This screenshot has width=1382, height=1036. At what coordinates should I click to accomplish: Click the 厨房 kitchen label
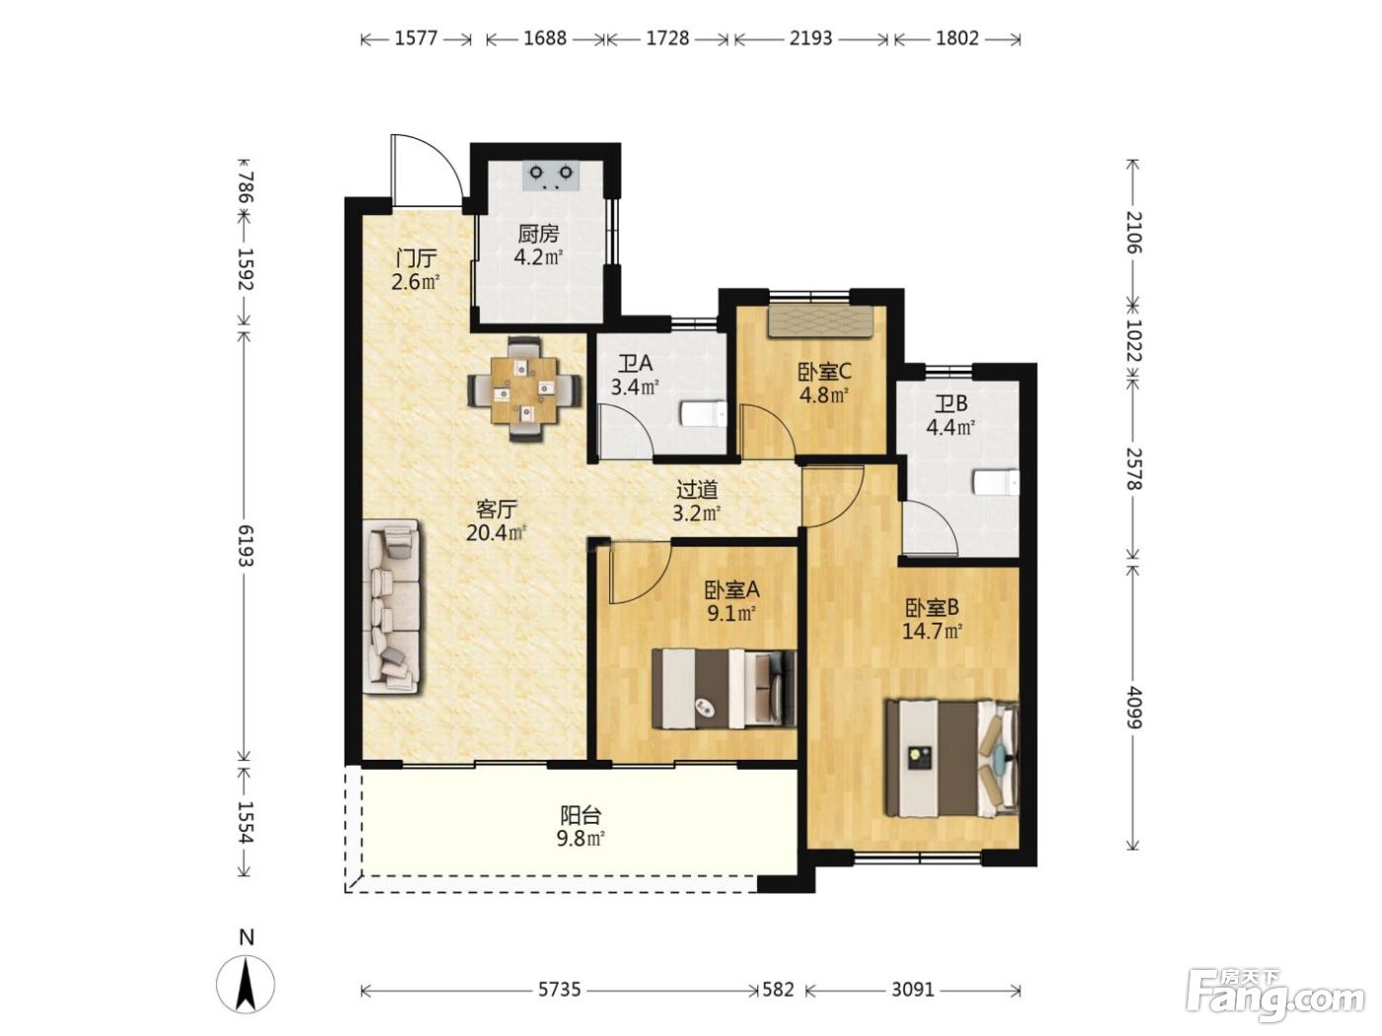point(538,234)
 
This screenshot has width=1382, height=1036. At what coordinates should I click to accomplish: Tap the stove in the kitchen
point(551,176)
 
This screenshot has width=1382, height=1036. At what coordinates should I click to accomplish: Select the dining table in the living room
point(524,390)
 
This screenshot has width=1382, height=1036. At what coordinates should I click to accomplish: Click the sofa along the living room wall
point(391,607)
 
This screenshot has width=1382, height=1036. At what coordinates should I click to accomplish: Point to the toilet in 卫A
point(703,414)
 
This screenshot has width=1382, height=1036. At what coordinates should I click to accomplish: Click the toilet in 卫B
point(995,483)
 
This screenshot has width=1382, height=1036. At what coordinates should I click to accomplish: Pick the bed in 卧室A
point(724,688)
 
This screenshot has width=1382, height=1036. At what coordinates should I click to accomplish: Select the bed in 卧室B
point(952,759)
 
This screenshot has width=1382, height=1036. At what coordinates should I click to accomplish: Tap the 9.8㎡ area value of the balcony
point(580,839)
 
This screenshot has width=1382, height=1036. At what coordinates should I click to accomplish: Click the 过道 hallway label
point(696,489)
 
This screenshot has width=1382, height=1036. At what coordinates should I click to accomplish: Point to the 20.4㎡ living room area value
point(497,533)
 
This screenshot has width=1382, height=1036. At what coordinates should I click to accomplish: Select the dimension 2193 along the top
point(811,39)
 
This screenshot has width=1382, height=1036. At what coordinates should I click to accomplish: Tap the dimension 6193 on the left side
point(246,546)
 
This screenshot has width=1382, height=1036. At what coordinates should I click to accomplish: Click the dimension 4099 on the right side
point(1133,706)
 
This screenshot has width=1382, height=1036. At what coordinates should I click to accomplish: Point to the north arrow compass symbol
point(246,984)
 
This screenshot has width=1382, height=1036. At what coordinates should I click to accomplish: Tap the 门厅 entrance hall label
point(416,259)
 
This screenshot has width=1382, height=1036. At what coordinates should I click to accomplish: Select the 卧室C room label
point(824,372)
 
